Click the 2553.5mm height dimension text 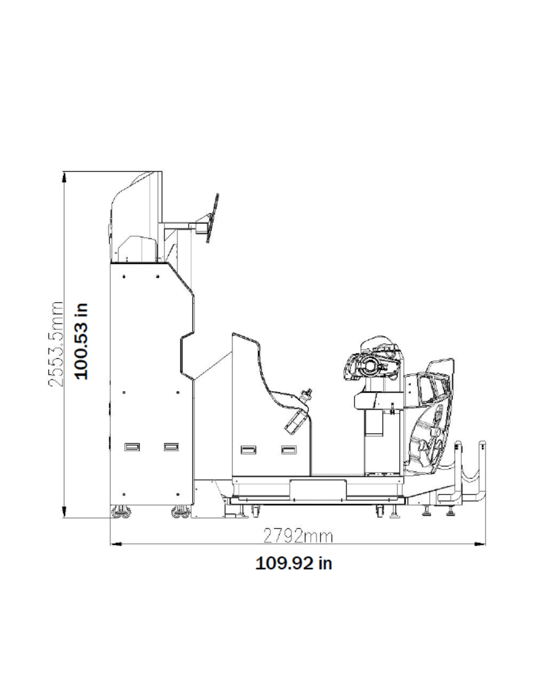(56, 344)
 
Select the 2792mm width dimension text (298, 536)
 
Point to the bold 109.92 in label (294, 563)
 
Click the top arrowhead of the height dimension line (64, 177)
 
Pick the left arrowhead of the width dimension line (116, 544)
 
